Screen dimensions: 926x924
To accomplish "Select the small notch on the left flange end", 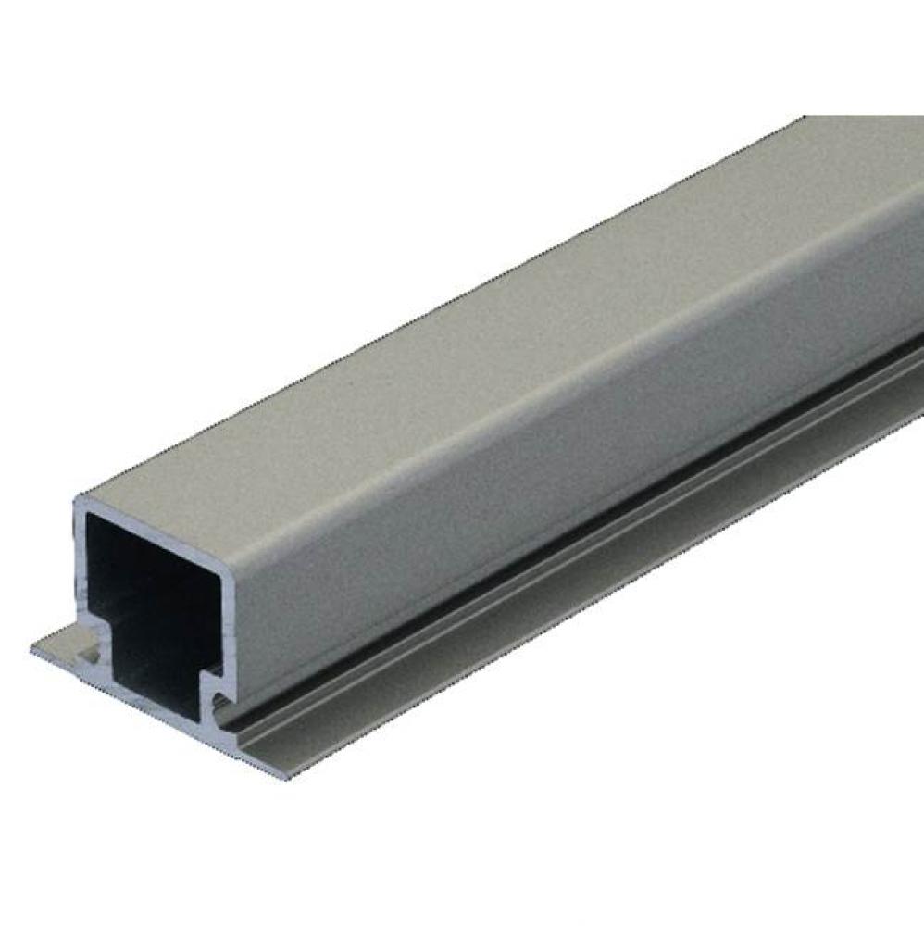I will [x=93, y=652].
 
